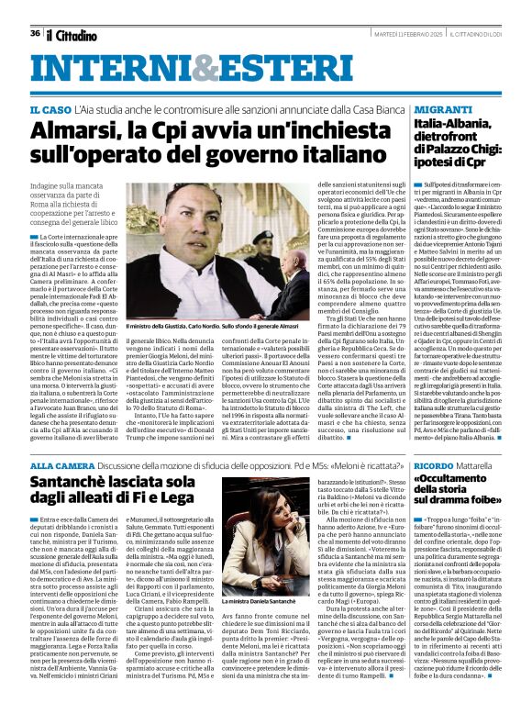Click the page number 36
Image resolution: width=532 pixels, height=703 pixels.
click(x=35, y=33)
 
